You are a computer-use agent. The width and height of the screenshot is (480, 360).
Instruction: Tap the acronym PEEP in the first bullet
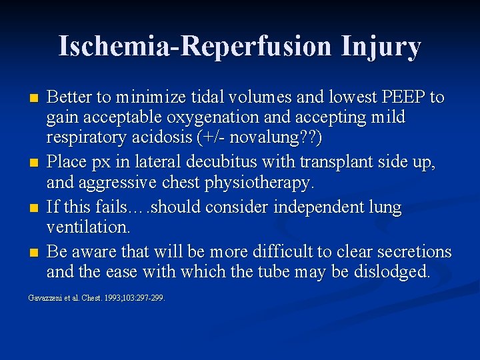tap(403, 97)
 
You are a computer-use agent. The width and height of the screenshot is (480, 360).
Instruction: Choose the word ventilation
tap(88, 227)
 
